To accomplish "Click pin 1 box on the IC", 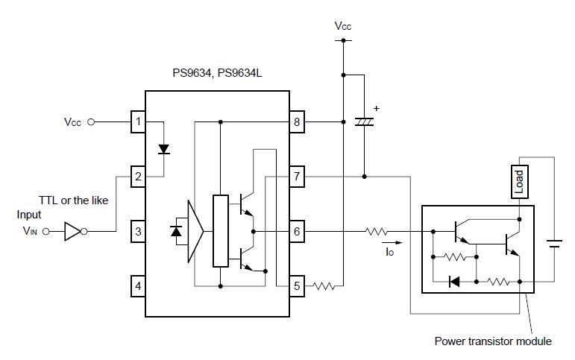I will (138, 121).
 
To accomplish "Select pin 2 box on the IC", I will (138, 177).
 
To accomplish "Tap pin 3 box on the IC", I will (138, 231).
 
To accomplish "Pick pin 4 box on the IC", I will (138, 285).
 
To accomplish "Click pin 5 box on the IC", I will (297, 285).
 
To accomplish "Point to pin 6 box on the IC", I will (297, 231).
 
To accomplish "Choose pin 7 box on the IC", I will (297, 177).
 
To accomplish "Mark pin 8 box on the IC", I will (297, 121).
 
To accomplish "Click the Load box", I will (520, 181).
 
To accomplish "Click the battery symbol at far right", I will (554, 243).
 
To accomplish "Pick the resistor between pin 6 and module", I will (377, 232).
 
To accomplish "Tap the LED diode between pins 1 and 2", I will (163, 149).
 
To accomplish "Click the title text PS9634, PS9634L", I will (217, 75).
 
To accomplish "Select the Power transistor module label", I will (493, 341).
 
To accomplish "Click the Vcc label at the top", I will (342, 25).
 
